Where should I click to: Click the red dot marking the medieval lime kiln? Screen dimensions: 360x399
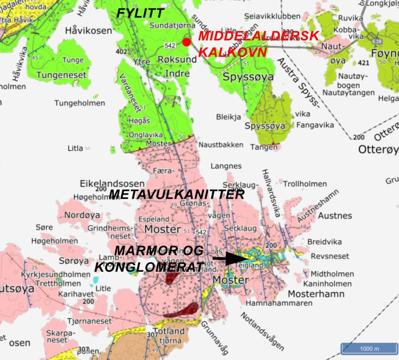187,42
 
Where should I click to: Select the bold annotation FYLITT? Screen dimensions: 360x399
140,14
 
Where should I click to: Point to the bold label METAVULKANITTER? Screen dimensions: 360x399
176,195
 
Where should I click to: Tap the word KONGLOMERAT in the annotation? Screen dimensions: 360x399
149,267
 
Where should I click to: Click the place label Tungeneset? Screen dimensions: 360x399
61,75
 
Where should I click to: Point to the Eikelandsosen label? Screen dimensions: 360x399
112,183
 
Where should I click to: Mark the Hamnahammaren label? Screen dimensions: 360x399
279,303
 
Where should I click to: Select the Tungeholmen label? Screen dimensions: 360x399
80,103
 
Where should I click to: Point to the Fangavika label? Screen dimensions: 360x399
315,125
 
